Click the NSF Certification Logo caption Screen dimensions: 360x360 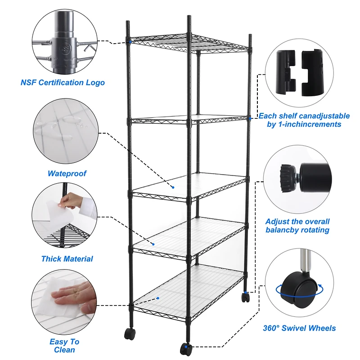tap(63, 82)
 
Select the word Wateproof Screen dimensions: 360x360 tap(67, 173)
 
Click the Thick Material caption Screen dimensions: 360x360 tap(67, 259)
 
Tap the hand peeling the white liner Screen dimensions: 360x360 tap(72, 201)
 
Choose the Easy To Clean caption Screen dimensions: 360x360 tap(64, 346)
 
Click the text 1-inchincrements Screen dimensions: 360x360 tap(304, 124)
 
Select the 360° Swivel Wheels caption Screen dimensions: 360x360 tap(299, 328)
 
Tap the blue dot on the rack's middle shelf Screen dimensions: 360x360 tap(173, 187)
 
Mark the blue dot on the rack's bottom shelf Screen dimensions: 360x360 tap(159, 298)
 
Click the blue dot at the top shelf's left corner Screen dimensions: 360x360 tap(130, 42)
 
